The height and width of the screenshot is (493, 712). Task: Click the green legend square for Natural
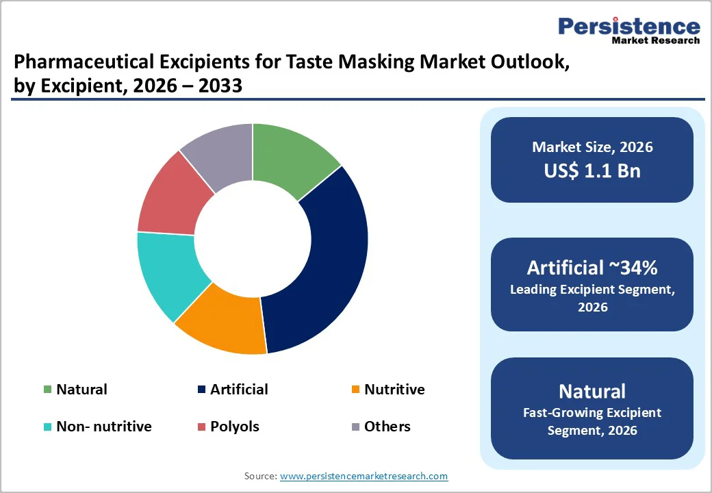pos(47,390)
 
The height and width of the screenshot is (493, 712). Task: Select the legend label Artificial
pos(239,390)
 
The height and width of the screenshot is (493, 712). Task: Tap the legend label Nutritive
pos(394,390)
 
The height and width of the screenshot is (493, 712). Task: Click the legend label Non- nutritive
pos(103,427)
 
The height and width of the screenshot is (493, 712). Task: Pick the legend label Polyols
pos(234,427)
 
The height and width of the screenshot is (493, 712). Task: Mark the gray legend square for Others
pos(355,427)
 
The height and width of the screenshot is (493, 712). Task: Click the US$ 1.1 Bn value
pos(592,170)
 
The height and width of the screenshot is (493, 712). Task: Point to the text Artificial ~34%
pos(592,267)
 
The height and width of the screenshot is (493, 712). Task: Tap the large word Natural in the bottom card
pos(592,391)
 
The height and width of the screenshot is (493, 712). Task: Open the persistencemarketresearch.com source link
pos(364,476)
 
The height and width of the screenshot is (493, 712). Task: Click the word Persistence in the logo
pos(628,27)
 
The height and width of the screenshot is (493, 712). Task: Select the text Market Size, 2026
pos(592,147)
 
